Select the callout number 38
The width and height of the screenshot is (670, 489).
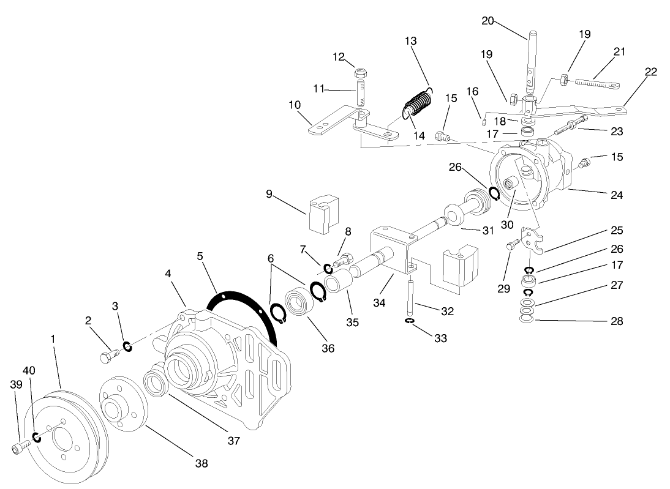click(x=201, y=463)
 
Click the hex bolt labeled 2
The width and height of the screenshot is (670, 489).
click(x=108, y=355)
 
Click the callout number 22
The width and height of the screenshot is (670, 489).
click(x=651, y=72)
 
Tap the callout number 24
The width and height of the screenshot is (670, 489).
click(x=617, y=195)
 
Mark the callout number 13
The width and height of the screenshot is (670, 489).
click(x=411, y=41)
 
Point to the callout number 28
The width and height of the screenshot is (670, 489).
click(x=617, y=321)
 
